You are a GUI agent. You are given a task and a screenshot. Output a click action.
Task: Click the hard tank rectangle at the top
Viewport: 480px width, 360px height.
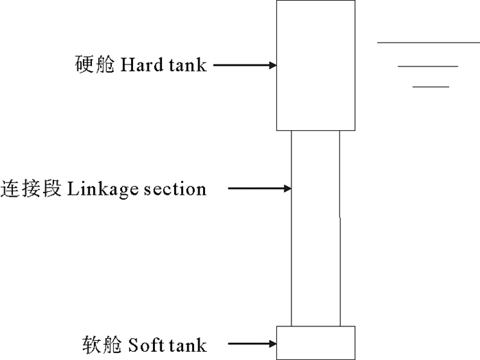[315, 65]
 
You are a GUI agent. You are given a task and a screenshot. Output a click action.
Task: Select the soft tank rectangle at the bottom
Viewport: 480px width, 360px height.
[315, 343]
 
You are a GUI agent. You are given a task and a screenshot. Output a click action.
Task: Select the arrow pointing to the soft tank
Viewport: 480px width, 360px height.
[252, 343]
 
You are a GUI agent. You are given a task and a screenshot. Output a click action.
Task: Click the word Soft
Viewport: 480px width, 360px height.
[145, 343]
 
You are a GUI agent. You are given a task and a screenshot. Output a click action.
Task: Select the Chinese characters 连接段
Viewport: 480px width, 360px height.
[32, 188]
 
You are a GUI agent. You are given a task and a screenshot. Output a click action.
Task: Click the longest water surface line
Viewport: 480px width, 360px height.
[428, 43]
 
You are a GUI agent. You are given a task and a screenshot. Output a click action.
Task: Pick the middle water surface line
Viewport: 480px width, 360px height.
[427, 67]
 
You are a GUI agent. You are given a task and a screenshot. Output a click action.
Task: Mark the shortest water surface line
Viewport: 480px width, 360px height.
[431, 87]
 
